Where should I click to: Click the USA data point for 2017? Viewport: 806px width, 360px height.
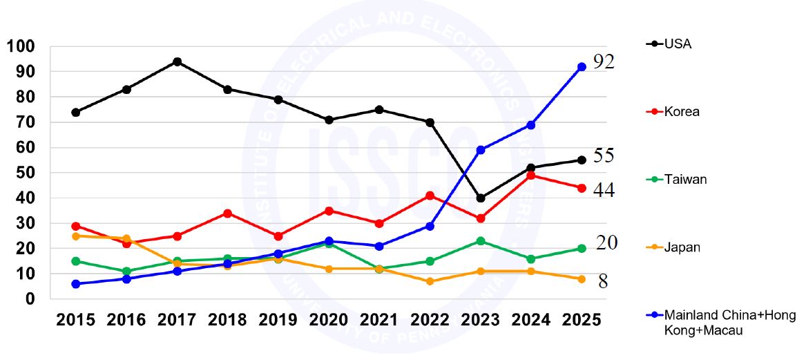point(177,61)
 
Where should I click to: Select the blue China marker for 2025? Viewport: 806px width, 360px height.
point(582,66)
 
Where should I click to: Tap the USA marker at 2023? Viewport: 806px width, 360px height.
point(481,198)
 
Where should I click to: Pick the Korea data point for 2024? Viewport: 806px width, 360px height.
point(531,176)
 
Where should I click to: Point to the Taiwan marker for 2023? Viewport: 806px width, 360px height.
point(481,241)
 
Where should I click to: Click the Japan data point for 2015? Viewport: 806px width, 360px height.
point(76,236)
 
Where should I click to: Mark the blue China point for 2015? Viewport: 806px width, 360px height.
point(76,284)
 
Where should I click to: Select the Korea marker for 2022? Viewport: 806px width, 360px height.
point(430,196)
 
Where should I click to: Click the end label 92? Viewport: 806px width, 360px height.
point(604,62)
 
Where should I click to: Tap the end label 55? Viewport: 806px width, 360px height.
point(604,155)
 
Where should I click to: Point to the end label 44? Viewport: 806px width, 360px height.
point(604,189)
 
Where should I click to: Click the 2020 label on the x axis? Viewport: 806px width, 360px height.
point(329,320)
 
